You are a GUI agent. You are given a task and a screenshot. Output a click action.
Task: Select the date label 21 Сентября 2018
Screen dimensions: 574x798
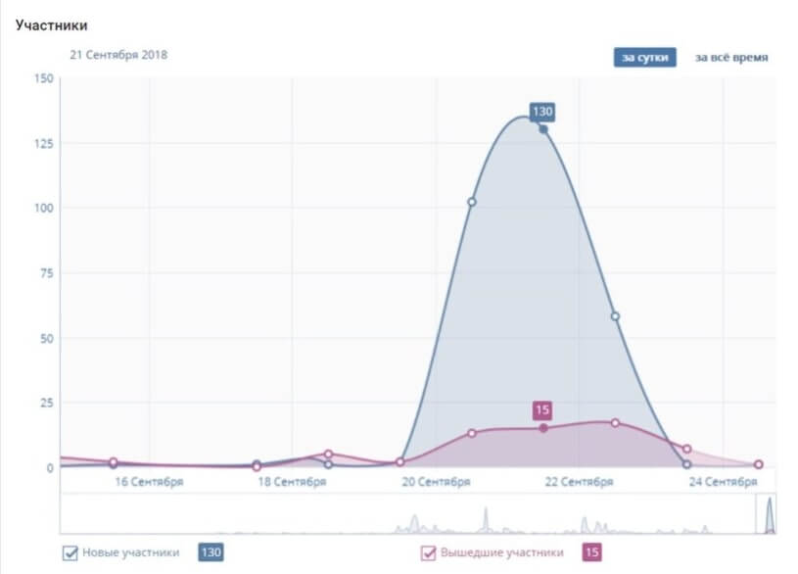click(x=118, y=55)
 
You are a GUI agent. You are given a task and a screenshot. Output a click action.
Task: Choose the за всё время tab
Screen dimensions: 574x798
click(x=731, y=57)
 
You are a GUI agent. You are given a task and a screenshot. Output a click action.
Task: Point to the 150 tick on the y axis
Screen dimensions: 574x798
click(x=43, y=78)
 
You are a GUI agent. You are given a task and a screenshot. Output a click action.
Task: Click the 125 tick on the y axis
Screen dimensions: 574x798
click(x=43, y=143)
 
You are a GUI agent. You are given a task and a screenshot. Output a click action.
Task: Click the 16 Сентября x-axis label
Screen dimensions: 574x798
click(x=149, y=482)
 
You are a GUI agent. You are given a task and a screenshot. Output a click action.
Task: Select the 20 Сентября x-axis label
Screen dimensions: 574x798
click(x=436, y=482)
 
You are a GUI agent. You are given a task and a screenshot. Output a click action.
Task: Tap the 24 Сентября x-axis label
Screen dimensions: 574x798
click(x=723, y=482)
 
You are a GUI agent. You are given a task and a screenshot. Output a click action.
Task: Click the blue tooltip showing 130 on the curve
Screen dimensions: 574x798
click(x=542, y=112)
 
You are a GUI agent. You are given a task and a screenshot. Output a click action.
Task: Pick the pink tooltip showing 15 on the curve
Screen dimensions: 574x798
click(x=542, y=410)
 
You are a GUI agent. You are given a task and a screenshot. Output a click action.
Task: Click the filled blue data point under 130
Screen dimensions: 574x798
click(x=543, y=129)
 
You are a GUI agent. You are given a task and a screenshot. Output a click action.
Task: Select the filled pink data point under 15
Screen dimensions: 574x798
click(x=543, y=428)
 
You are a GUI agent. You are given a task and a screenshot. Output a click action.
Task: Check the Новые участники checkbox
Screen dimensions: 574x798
click(x=70, y=553)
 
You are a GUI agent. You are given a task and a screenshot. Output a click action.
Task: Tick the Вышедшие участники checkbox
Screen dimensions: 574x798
click(x=429, y=553)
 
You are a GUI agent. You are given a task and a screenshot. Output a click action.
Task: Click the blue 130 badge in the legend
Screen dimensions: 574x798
click(x=211, y=553)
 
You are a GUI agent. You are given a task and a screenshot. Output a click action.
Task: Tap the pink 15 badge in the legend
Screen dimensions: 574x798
click(x=591, y=553)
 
